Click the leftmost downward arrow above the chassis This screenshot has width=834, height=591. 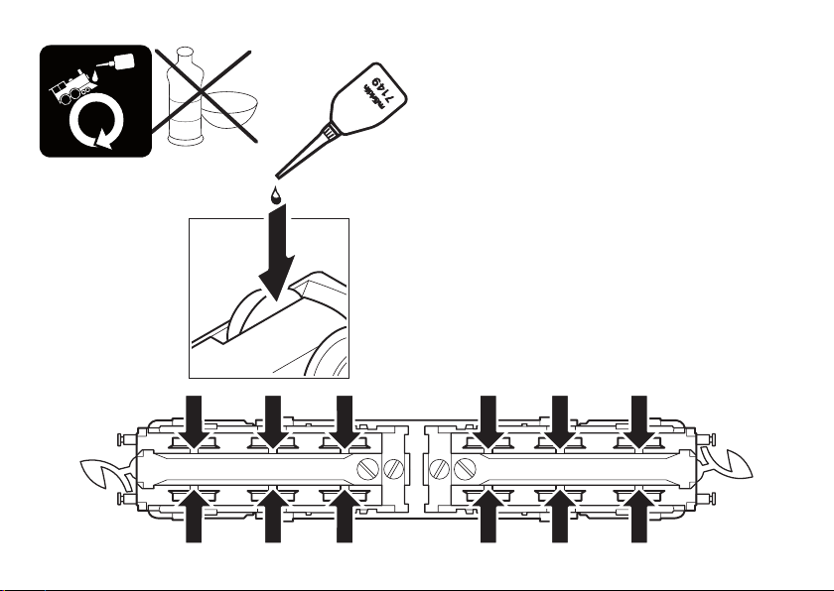pos(195,418)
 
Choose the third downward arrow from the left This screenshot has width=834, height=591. pos(346,418)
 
